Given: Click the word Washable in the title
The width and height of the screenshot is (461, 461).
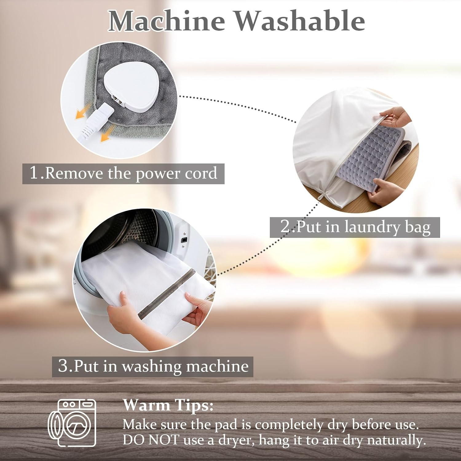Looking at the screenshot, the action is tap(300, 21).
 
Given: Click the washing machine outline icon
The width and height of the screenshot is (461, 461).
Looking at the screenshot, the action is tap(73, 423).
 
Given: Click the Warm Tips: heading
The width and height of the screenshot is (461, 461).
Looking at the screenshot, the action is tap(168, 405).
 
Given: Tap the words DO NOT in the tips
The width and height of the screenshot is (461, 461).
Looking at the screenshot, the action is tap(151, 440).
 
